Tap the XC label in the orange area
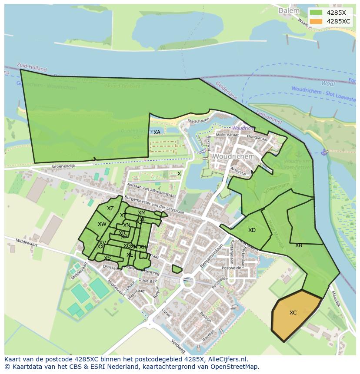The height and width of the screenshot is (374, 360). tap(293, 313)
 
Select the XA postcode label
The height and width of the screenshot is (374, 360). tap(157, 132)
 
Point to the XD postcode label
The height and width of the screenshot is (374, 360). tap(252, 230)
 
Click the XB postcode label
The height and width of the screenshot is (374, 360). tap(299, 245)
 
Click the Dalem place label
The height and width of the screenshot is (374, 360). tap(289, 10)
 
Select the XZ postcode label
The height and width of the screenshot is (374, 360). tap(110, 209)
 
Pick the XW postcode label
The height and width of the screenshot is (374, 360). tap(102, 224)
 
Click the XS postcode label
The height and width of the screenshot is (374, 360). tap(107, 258)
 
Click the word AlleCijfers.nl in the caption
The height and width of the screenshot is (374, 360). tap(227, 359)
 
